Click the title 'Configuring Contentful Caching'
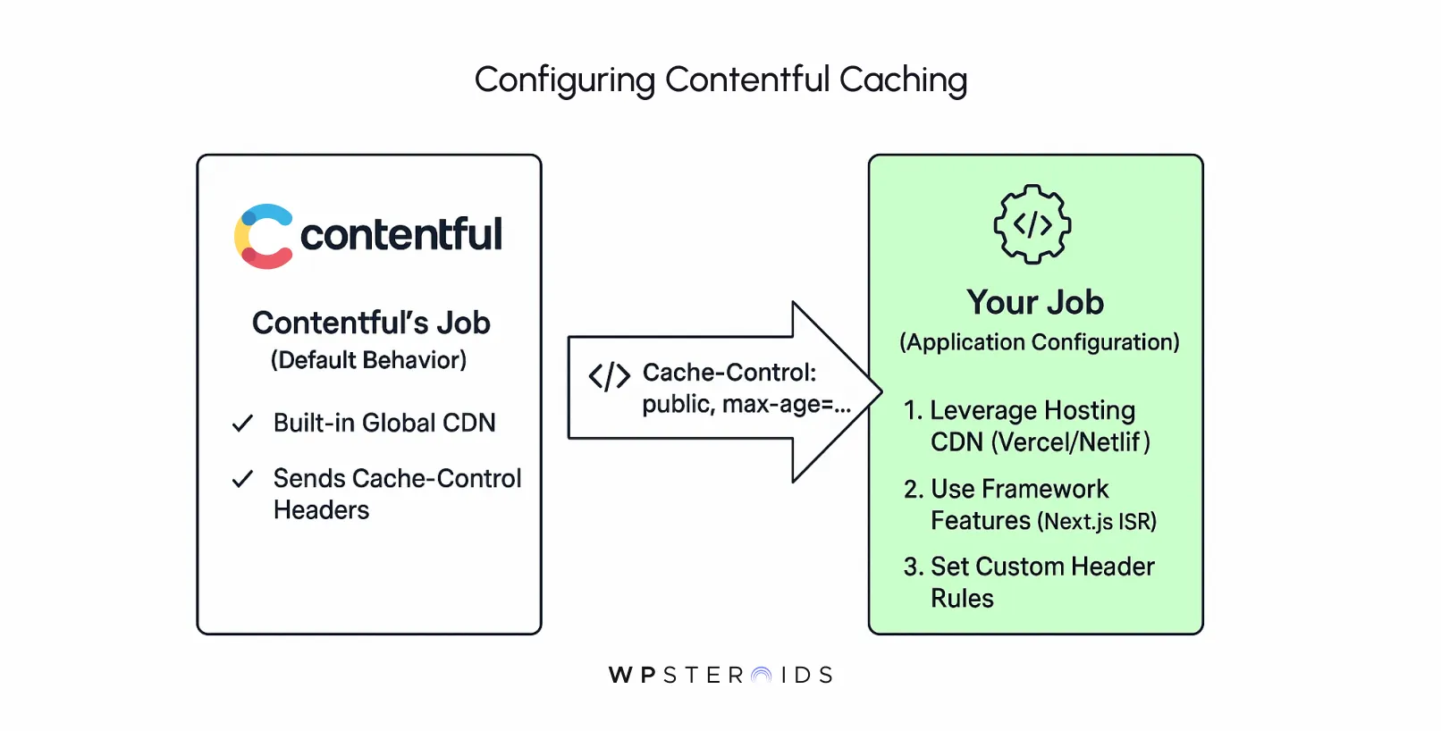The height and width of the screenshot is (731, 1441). [x=720, y=80]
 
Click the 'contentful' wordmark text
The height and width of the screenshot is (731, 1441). [x=400, y=235]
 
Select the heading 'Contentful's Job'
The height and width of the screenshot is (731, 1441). [x=370, y=323]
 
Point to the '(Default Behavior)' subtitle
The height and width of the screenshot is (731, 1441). [x=368, y=360]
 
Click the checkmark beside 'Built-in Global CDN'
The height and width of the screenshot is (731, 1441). [x=242, y=424]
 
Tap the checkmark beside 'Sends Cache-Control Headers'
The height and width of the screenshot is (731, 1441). [x=242, y=480]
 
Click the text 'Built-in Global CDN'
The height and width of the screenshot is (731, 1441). [x=384, y=423]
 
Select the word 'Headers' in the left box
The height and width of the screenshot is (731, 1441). [x=321, y=510]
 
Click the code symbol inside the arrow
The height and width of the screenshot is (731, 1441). [x=609, y=376]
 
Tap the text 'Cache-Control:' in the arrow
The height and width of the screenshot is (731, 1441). [x=729, y=373]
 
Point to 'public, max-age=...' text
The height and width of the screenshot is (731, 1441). [x=746, y=405]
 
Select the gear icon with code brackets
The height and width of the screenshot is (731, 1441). [x=1032, y=224]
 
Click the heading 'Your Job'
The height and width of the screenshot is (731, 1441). [x=1035, y=303]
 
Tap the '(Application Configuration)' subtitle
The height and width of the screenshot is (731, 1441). [x=1039, y=342]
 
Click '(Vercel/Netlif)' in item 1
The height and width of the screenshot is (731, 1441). [x=1070, y=442]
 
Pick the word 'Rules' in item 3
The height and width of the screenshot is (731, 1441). [x=962, y=599]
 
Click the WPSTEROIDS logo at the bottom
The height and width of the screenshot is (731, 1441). [x=720, y=675]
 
